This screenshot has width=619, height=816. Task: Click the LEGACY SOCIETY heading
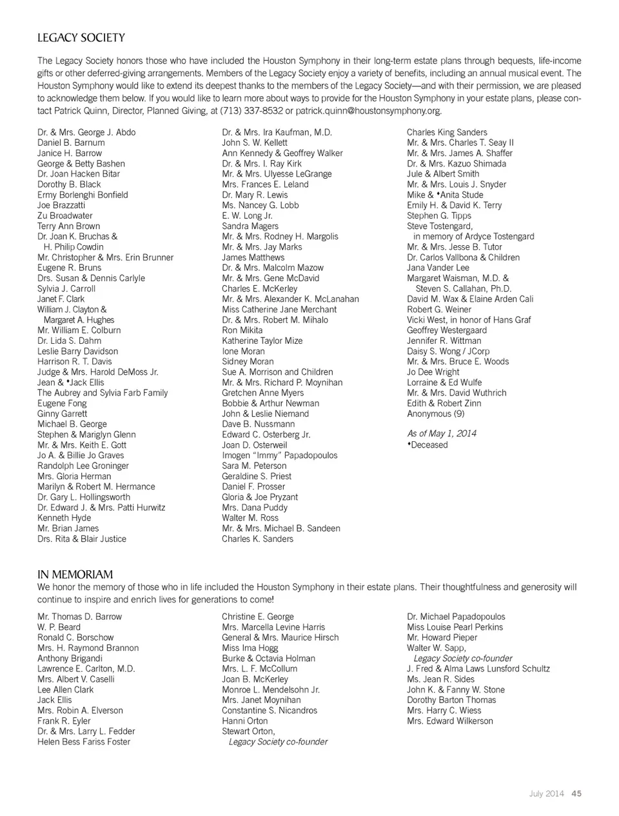click(x=81, y=38)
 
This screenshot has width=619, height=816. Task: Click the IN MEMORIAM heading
click(x=75, y=574)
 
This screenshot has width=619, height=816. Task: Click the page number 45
click(x=576, y=793)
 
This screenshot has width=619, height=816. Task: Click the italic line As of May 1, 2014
click(x=442, y=433)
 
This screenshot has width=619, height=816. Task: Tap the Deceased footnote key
click(x=428, y=444)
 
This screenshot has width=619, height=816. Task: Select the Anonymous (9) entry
click(x=435, y=413)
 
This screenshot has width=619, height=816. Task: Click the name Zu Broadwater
click(x=65, y=215)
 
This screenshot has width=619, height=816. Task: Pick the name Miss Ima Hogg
click(x=250, y=648)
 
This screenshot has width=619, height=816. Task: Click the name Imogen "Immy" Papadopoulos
click(x=279, y=455)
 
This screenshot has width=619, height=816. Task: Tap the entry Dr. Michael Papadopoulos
click(x=456, y=617)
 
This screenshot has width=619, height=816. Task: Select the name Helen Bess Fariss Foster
click(x=84, y=742)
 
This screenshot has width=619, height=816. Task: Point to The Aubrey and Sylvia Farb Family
click(x=103, y=393)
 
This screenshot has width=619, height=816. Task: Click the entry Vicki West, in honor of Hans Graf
click(x=469, y=320)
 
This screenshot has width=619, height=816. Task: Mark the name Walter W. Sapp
click(x=437, y=648)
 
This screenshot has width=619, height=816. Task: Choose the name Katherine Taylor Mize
click(x=262, y=341)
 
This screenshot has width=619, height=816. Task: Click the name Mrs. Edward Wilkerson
click(x=450, y=721)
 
